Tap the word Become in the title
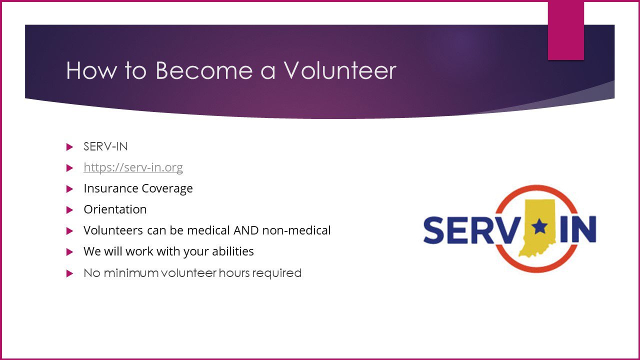[x=204, y=70]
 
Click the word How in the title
[x=91, y=70]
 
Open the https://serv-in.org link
[x=133, y=167]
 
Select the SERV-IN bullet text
[x=105, y=146]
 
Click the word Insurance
[x=111, y=188]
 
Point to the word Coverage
[x=167, y=189]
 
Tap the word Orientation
[x=115, y=209]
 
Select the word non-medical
[x=296, y=230]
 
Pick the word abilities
[x=233, y=251]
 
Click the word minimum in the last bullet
[x=131, y=273]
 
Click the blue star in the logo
[x=539, y=226]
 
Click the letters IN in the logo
[x=578, y=229]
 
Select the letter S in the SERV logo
[x=433, y=230]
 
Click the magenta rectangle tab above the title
[x=565, y=30]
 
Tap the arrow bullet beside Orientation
[x=69, y=210]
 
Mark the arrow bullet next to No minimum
[x=69, y=273]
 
